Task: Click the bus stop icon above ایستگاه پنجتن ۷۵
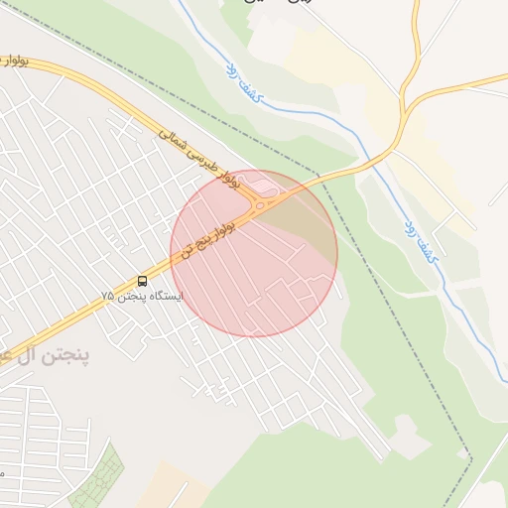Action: pos(142,281)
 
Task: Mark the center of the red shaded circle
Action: pos(254,253)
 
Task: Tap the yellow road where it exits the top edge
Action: pos(416,4)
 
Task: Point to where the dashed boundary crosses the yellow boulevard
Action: pos(319,180)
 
